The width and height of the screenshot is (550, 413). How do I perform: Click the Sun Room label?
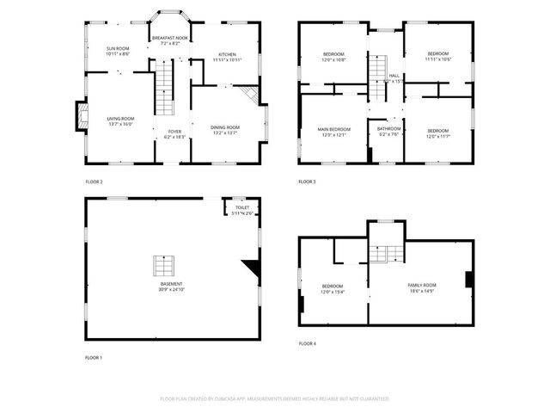coord(118,51)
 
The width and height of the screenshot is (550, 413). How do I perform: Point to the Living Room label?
coord(120,120)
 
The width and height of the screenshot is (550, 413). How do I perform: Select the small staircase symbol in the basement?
coord(163,264)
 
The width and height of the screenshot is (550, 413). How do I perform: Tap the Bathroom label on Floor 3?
coord(388,132)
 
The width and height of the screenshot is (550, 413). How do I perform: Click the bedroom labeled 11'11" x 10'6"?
coord(437,57)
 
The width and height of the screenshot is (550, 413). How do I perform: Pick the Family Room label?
coord(422,287)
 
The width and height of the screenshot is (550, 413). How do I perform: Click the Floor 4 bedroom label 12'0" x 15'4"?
coord(333,288)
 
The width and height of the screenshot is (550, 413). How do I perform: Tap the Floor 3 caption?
coord(307,182)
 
